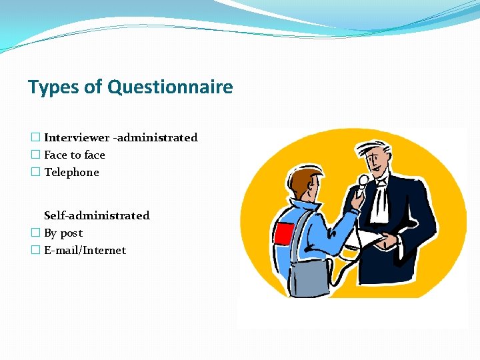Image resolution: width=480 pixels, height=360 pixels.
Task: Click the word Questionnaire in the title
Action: (170, 87)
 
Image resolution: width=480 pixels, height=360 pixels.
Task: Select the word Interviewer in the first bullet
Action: (77, 137)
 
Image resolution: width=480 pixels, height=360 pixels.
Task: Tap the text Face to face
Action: (75, 155)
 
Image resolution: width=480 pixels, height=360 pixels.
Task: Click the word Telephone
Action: (71, 172)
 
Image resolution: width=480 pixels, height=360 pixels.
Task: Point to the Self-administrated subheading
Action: (97, 215)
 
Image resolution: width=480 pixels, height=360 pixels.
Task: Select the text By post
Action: (63, 233)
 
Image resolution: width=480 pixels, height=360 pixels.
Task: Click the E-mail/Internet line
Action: (85, 250)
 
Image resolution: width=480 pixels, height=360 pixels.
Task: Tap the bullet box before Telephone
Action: (35, 172)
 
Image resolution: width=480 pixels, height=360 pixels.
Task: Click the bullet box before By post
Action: (35, 233)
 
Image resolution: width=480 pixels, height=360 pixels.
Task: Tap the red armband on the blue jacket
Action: (284, 234)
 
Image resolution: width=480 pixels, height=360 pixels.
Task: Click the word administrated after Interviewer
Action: (157, 137)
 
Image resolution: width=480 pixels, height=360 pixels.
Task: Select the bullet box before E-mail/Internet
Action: (35, 250)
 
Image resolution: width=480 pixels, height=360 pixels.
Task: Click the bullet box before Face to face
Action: (35, 155)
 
